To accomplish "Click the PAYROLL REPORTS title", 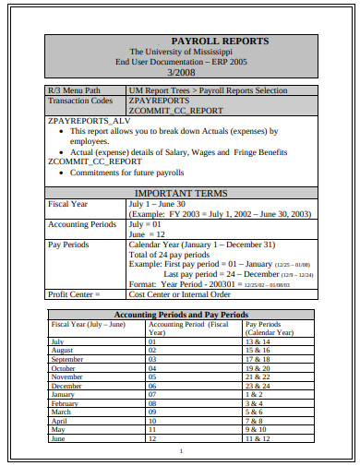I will coord(180,42).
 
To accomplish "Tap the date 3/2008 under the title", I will coord(180,71).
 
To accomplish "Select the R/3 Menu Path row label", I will coord(73,90).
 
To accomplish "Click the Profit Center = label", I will coord(74,294).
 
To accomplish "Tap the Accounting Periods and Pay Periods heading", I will coord(180,315).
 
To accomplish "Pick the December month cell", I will coord(65,386).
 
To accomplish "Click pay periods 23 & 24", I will coord(258,386).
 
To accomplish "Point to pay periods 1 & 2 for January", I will coord(254,395).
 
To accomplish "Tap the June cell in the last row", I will coord(56,438).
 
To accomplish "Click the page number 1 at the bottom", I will coord(181,451).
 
